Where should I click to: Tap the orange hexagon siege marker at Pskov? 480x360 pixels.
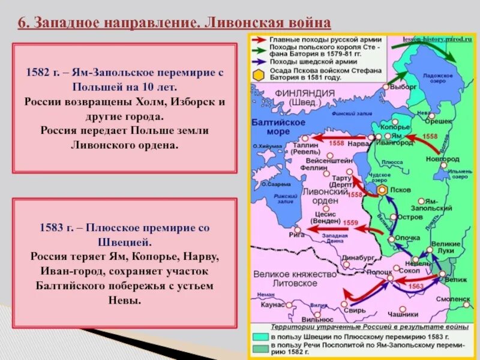coord(382,190)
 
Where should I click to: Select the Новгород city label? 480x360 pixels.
coord(442,159)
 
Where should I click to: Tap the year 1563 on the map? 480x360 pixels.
coord(416,287)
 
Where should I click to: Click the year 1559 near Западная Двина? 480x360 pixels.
coord(351,223)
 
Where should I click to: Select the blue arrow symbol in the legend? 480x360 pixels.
coord(259,61)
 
